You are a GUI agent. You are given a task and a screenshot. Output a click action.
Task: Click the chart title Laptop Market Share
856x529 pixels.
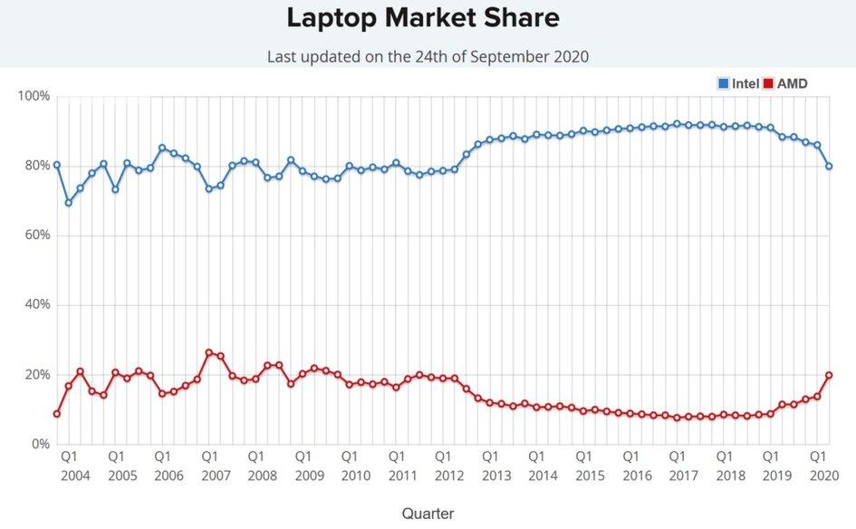coord(423,17)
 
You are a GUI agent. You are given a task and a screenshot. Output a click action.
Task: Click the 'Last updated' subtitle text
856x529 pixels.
coord(428,56)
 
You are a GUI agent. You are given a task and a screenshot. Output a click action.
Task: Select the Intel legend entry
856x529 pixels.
coord(738,84)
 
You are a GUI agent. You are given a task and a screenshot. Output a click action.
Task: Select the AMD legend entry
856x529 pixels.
coord(784,84)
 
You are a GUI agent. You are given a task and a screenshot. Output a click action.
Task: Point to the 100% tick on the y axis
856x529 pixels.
coord(34,96)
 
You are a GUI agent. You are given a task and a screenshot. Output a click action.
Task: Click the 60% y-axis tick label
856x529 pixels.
coord(36,236)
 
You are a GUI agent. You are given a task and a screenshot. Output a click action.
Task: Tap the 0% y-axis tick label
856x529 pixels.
coord(40,444)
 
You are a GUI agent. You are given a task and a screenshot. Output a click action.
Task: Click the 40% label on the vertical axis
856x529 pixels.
coord(36,304)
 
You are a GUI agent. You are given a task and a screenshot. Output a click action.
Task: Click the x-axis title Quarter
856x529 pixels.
coord(428,513)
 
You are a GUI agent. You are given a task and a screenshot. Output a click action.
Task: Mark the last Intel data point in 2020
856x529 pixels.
coord(829,167)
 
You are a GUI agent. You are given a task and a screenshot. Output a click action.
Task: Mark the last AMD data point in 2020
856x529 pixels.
coord(829,375)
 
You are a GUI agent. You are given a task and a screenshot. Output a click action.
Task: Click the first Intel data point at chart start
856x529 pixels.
coord(56,165)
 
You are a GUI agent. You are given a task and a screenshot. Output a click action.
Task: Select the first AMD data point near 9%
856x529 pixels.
coord(56,414)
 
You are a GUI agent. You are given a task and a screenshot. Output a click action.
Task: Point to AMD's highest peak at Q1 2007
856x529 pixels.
coord(208,352)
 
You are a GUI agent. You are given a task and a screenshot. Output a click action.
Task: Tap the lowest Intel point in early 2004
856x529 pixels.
coord(68,203)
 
